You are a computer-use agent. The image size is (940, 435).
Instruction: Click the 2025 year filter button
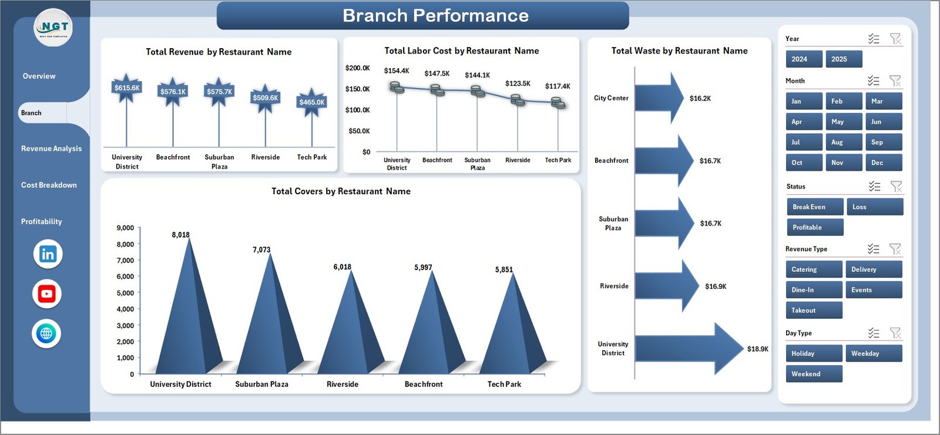point(844,59)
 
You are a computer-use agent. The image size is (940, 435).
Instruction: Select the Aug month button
point(844,142)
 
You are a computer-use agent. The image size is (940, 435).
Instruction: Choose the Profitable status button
point(814,227)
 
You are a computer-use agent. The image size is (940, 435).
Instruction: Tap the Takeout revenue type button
point(813,311)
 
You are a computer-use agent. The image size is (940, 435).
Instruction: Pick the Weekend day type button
point(813,374)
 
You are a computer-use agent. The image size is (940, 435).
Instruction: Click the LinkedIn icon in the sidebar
point(48,254)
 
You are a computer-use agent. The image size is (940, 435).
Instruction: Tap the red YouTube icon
point(47,294)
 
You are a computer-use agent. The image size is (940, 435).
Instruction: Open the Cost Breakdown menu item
point(49,185)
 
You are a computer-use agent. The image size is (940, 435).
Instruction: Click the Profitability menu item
point(41,221)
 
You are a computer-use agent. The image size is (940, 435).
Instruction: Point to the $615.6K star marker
point(127,88)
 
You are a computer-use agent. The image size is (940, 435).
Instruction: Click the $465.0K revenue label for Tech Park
point(311,102)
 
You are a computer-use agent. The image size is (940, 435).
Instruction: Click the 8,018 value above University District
point(180,235)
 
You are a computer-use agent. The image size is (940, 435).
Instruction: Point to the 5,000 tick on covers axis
point(125,293)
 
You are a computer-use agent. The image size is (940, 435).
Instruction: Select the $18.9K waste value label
point(757,349)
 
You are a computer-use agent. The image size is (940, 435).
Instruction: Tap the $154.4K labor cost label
point(397,71)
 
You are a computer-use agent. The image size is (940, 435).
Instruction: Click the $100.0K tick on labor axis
point(357,110)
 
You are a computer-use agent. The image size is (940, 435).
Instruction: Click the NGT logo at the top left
point(53,28)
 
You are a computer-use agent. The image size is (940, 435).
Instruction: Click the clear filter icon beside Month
point(895,81)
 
